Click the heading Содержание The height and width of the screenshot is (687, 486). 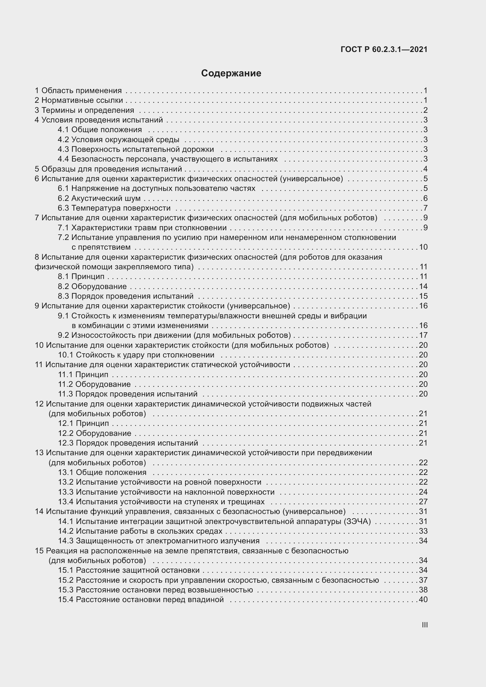pos(231,73)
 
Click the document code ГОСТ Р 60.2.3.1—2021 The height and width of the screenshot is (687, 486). pos(384,49)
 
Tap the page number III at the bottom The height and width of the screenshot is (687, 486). pos(424,625)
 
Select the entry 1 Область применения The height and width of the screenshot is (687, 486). pos(78,90)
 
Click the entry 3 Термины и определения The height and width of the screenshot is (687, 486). pos(84,110)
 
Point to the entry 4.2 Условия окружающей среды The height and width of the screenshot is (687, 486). pos(118,140)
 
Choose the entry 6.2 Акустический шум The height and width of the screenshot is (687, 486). pos(99,198)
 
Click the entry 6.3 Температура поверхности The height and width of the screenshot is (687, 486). pos(114,208)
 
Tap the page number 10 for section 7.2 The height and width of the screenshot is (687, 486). pos(423,247)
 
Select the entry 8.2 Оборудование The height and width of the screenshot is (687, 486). pos(92,286)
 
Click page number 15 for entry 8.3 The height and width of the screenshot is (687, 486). pos(423,296)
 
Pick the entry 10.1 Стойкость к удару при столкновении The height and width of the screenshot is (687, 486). pos(136,355)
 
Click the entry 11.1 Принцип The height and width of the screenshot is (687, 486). pos(83,374)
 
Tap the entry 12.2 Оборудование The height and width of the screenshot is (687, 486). pos(95,433)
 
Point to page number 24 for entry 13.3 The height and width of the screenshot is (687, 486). pos(423,492)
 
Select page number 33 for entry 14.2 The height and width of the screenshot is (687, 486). pos(423,531)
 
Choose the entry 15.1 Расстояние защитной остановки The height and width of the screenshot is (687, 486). pos(129,570)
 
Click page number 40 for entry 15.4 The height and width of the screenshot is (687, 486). pos(423,600)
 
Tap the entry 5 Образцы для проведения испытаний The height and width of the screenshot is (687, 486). pos(108,169)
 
